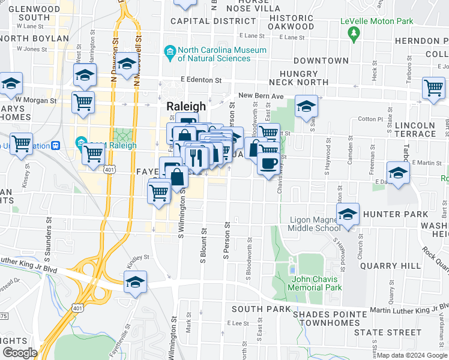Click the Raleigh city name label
[x=185, y=106]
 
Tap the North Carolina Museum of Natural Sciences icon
[x=170, y=53]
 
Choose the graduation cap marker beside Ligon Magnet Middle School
[x=348, y=214]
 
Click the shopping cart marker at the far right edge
[x=433, y=88]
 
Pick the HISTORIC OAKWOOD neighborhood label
[x=291, y=22]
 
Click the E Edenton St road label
[x=200, y=80]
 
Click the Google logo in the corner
[x=20, y=353]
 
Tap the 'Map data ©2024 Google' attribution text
[x=412, y=355]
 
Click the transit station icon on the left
[x=56, y=145]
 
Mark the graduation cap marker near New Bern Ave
[x=306, y=107]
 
